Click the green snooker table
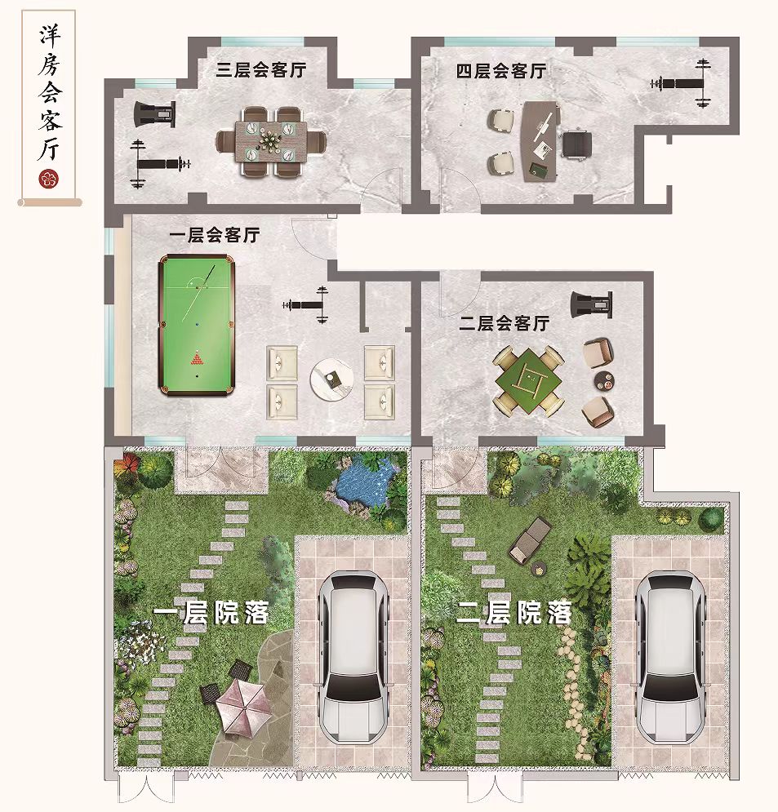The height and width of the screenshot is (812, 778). pyautogui.click(x=196, y=325)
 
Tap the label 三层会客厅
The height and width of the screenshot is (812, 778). pyautogui.click(x=261, y=69)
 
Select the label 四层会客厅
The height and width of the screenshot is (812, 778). pyautogui.click(x=501, y=71)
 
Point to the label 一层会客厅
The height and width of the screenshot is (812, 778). pyautogui.click(x=215, y=235)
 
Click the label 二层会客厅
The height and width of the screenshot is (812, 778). pyautogui.click(x=504, y=324)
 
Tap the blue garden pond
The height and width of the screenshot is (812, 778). pyautogui.click(x=364, y=483)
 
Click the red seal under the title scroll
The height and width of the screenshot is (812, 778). pyautogui.click(x=49, y=180)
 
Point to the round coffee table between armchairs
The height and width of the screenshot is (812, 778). pyautogui.click(x=331, y=378)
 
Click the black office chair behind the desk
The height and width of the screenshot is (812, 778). pyautogui.click(x=577, y=144)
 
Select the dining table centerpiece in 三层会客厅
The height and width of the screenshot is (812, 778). pyautogui.click(x=270, y=139)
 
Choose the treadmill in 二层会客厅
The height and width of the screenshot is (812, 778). pyautogui.click(x=592, y=304)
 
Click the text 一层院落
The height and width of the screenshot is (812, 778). pyautogui.click(x=211, y=613)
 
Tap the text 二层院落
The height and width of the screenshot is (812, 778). pyautogui.click(x=513, y=613)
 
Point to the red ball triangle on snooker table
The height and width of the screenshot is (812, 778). pyautogui.click(x=197, y=357)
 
